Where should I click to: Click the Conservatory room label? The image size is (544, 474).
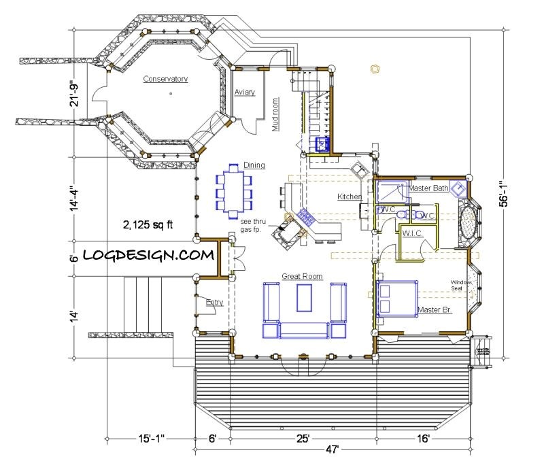click(165, 80)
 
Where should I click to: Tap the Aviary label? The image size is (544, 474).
click(245, 92)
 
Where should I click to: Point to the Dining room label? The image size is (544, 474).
click(254, 165)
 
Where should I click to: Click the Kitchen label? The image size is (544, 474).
click(349, 197)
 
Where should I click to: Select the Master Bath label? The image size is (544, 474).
click(428, 188)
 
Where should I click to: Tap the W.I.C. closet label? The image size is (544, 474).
click(413, 234)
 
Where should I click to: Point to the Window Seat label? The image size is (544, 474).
click(460, 285)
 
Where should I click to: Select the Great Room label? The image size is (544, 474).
click(302, 276)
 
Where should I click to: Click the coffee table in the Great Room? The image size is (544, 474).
click(304, 299)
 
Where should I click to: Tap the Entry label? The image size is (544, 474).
click(214, 303)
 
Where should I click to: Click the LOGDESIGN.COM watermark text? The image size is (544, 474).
click(149, 256)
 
